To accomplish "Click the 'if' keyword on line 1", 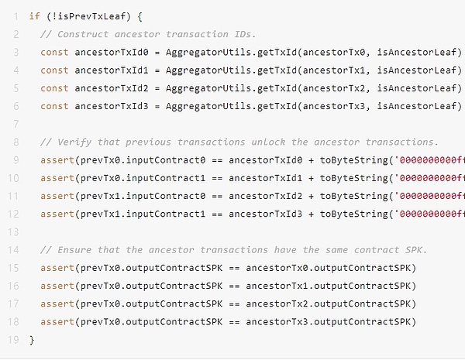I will point(34,15).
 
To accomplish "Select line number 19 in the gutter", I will point(15,339).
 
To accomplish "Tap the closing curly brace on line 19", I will point(32,339).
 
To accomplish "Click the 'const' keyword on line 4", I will point(54,70).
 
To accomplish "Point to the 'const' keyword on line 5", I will point(54,87).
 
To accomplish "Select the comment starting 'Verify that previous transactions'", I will point(239,142).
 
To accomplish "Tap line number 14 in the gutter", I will point(15,249).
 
